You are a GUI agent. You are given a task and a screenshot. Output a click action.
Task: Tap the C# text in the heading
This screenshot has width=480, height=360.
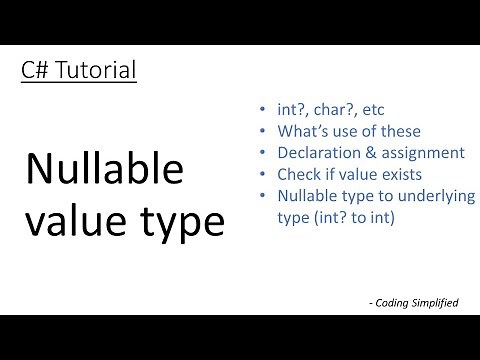(35, 71)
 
